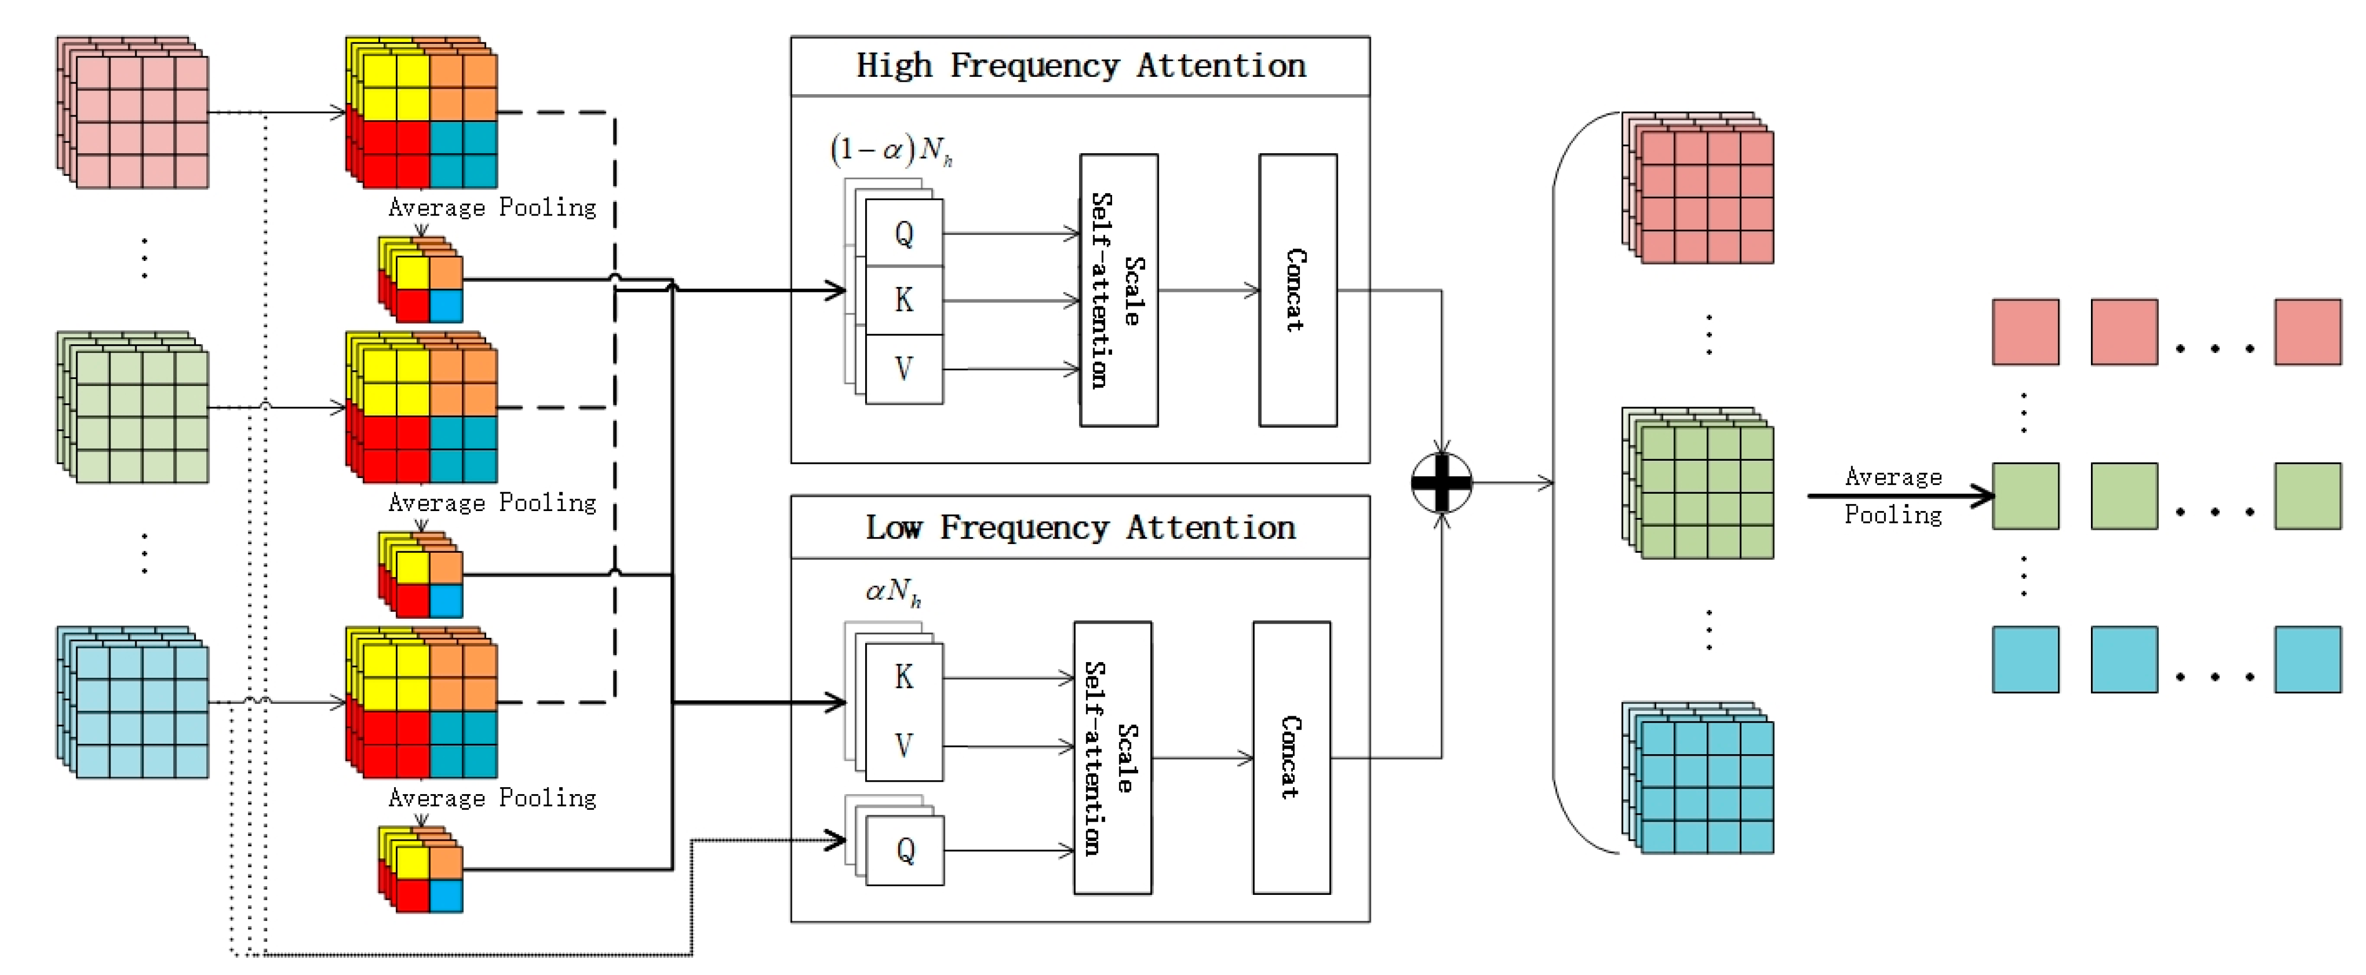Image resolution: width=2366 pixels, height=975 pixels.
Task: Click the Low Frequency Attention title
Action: tap(1080, 528)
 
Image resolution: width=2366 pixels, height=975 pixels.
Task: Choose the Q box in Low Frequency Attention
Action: tap(905, 851)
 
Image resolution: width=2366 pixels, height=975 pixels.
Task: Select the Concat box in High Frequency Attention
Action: tap(1297, 290)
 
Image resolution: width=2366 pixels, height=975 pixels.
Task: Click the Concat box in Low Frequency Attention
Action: tap(1291, 757)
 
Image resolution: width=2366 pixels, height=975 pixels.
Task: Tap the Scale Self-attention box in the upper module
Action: tap(1119, 290)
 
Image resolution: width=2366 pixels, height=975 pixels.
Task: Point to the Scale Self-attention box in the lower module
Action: tap(1112, 757)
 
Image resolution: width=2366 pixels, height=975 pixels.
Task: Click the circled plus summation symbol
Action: tap(1441, 482)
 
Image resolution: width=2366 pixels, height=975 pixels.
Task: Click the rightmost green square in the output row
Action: tap(2307, 496)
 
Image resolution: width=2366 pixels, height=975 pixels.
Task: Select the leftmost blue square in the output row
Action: tap(2025, 659)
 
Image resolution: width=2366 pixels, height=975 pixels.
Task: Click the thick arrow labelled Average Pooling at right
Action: tap(1899, 496)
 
